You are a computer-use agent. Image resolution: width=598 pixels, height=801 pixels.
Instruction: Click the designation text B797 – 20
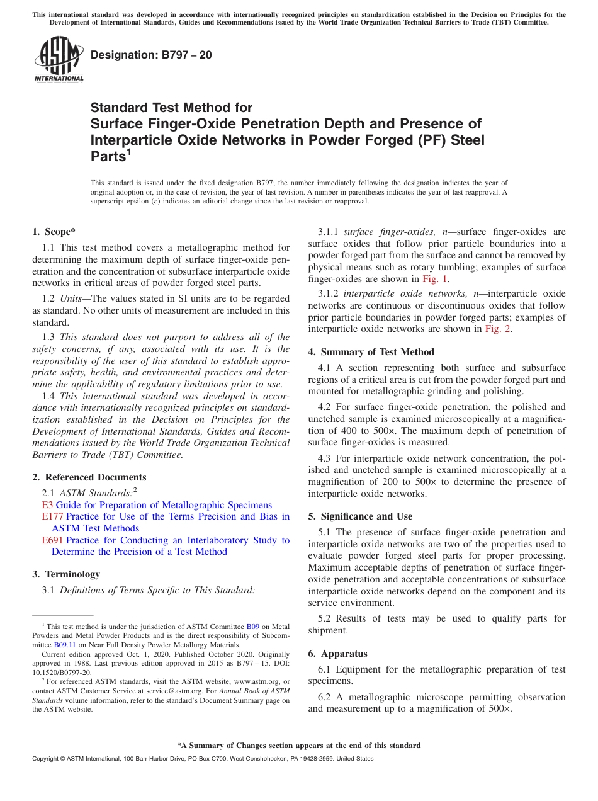(151, 55)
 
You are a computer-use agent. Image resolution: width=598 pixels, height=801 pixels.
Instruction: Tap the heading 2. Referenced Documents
(89, 477)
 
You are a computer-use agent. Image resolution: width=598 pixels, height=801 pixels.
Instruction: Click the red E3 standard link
(47, 505)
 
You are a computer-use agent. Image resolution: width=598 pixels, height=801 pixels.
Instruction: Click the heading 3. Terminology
(66, 574)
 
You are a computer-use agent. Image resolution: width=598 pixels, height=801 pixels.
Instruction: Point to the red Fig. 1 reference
(436, 279)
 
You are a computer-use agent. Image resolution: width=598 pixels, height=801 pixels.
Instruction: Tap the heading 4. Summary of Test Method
(371, 352)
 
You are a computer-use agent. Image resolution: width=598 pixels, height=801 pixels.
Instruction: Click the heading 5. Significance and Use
(360, 516)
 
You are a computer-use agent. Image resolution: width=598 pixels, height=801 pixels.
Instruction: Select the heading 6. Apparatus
(337, 654)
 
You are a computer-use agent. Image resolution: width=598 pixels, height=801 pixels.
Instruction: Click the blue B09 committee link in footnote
(252, 627)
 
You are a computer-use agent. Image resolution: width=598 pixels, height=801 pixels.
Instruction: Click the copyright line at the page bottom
(203, 759)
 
